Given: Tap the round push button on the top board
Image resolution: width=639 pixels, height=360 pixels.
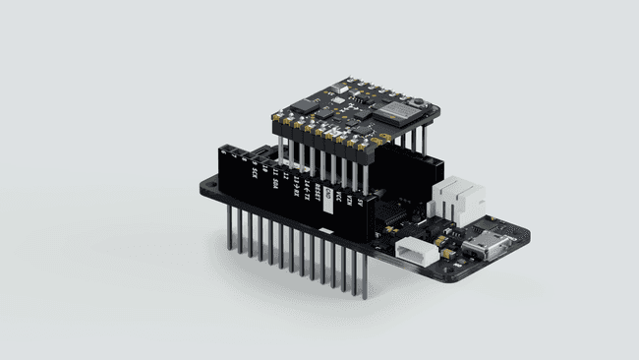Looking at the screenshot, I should click(420, 101).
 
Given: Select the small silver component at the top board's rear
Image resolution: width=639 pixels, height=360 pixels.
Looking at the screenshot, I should click(338, 88).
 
